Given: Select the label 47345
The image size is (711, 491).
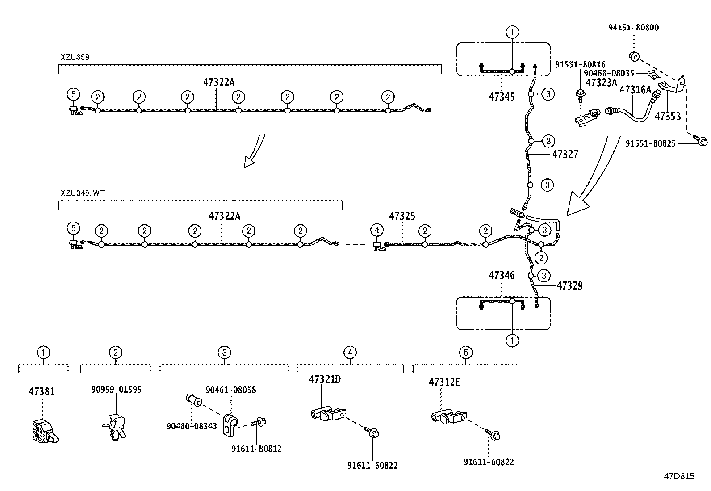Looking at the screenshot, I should pos(502,97).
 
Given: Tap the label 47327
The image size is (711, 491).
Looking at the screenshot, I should pos(565,155).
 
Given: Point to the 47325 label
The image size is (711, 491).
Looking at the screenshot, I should pos(402,216).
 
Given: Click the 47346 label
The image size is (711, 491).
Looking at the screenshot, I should pos(502,276).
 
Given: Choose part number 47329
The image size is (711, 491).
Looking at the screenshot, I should pos(569,286).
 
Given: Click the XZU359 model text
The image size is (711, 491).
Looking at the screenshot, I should pos(75,57).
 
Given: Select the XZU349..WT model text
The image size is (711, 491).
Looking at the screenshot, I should pos(83,193).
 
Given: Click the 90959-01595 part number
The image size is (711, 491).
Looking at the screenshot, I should pos(116,390).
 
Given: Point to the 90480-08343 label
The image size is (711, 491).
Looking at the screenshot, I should pos(192,426).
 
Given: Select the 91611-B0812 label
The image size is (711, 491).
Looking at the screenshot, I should pos(256,449).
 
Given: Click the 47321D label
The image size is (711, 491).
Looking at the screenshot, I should pos(325,379).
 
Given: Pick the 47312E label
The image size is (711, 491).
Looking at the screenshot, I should pos(444,382).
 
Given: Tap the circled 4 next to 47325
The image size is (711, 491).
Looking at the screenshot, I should pos(377,230).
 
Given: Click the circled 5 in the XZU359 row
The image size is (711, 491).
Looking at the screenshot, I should pos(74,94).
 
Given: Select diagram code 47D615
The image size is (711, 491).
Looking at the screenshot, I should pos(679,476).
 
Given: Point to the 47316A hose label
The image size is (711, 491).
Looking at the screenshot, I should pos(635,90).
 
